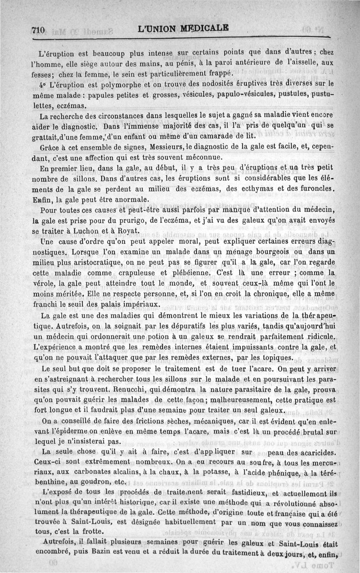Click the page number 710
[38, 30]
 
